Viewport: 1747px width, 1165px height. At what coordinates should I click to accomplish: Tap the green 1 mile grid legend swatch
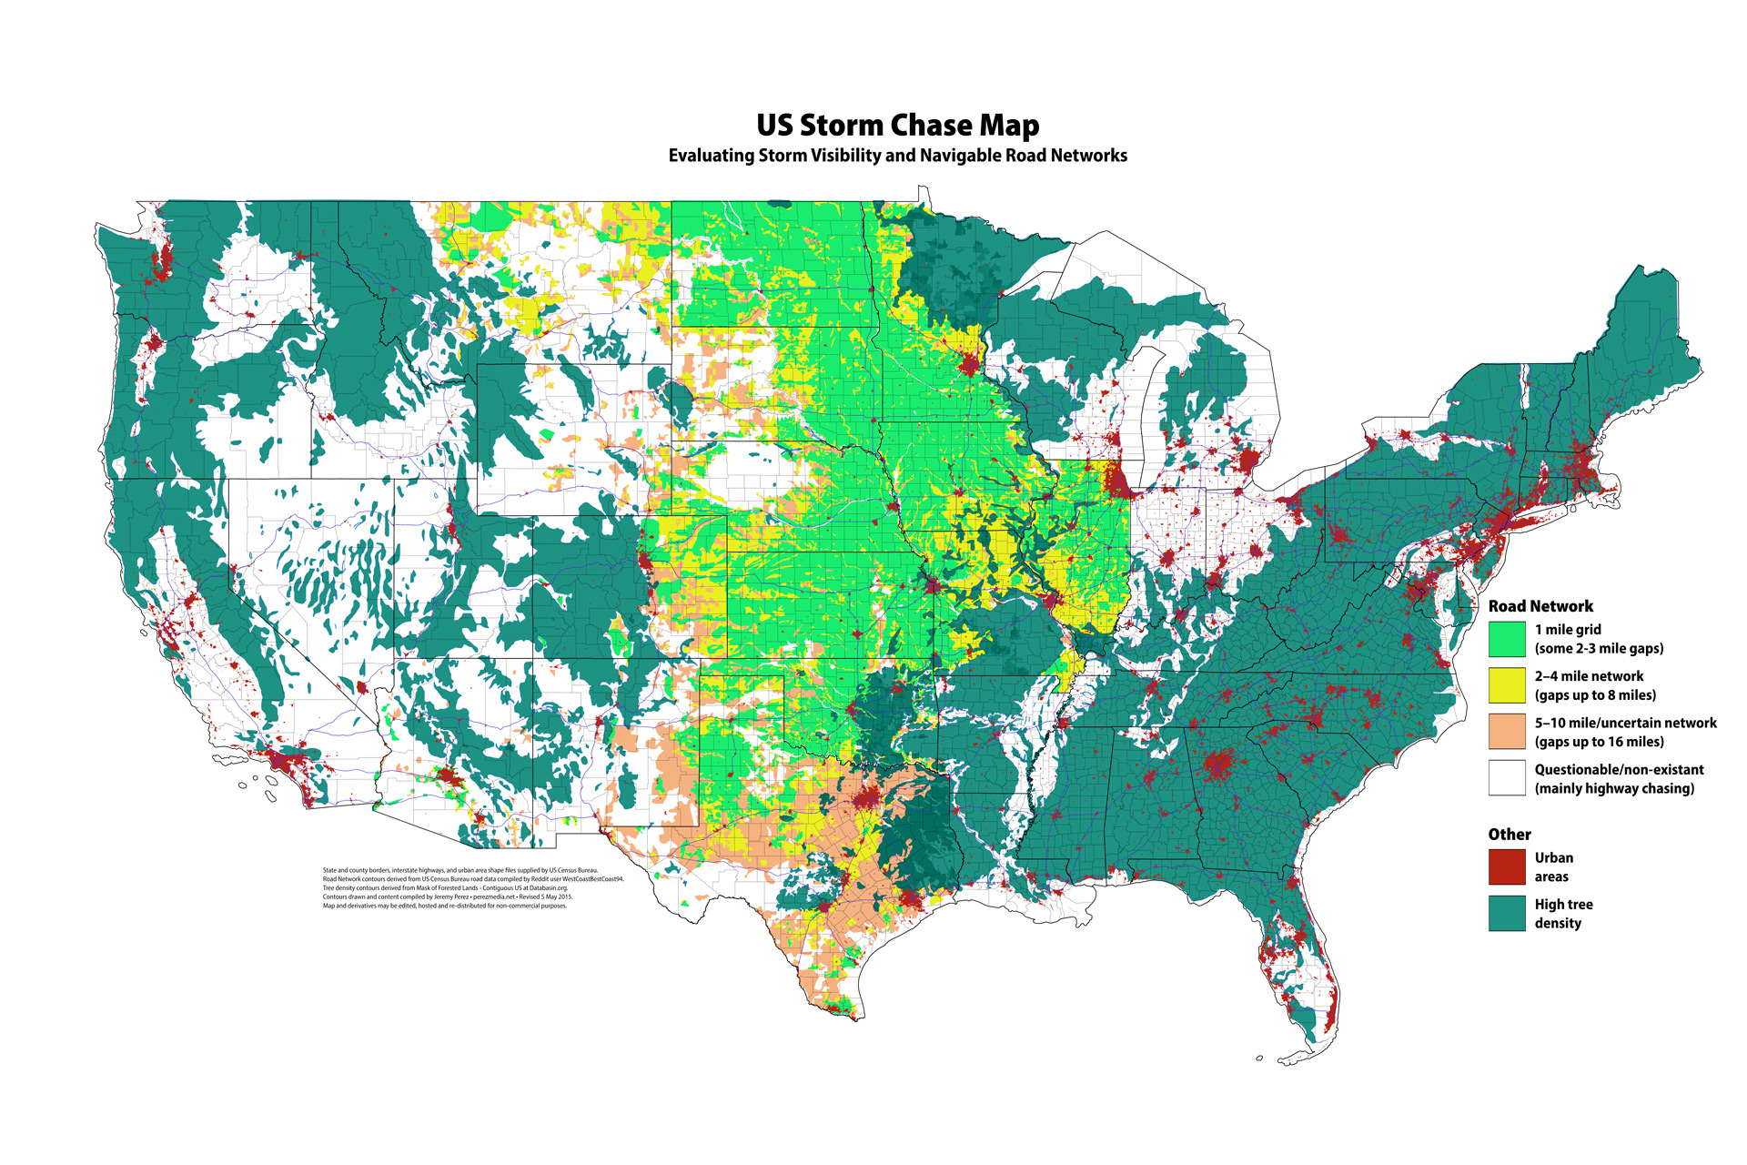tap(1507, 639)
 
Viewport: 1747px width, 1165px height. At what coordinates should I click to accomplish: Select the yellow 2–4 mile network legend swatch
tap(1507, 685)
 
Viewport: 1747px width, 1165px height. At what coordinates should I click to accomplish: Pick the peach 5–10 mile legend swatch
tap(1507, 732)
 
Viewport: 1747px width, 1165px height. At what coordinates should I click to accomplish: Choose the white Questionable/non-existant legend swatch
tap(1507, 778)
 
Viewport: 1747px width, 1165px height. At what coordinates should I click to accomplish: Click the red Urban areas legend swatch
tap(1507, 866)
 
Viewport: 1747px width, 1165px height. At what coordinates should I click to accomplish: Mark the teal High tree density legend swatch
tap(1507, 913)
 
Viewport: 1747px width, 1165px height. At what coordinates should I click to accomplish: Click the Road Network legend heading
tap(1540, 606)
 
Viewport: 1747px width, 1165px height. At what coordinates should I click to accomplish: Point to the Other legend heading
tap(1510, 835)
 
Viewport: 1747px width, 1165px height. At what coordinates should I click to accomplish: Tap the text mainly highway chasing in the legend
tap(1614, 788)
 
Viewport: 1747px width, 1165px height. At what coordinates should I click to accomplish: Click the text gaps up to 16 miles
tap(1599, 742)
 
